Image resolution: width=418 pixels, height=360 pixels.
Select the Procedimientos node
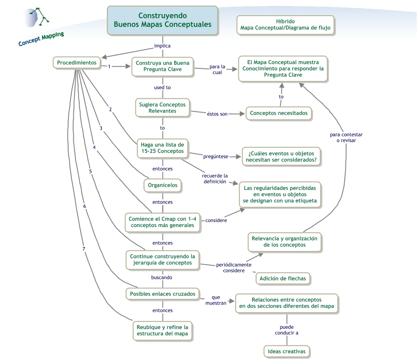[77, 63]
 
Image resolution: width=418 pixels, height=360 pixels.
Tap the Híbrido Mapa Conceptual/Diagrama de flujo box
[285, 25]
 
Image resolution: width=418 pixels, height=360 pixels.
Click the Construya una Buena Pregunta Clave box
[163, 66]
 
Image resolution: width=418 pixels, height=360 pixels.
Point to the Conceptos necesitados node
[279, 113]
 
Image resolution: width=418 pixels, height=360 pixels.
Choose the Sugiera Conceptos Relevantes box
[163, 107]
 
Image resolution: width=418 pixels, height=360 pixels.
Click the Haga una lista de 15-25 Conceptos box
[163, 148]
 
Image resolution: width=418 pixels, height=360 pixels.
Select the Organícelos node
[163, 185]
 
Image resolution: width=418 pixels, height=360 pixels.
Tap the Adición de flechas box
[283, 278]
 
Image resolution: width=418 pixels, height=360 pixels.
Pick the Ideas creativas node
[287, 351]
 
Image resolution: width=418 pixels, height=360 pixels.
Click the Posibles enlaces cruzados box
[163, 294]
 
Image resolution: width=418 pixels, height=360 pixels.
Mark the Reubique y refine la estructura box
[163, 330]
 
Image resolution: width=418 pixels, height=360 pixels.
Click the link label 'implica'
[162, 46]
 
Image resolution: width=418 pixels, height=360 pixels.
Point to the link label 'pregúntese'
[215, 156]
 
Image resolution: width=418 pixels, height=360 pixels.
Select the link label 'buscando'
[162, 277]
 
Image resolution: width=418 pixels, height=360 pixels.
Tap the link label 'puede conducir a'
[286, 330]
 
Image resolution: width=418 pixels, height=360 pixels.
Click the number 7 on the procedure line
[84, 249]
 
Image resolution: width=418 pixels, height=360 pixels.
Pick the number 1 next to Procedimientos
[109, 66]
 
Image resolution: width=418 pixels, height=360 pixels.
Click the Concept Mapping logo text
[41, 39]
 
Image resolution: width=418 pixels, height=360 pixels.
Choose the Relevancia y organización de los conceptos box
[285, 242]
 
